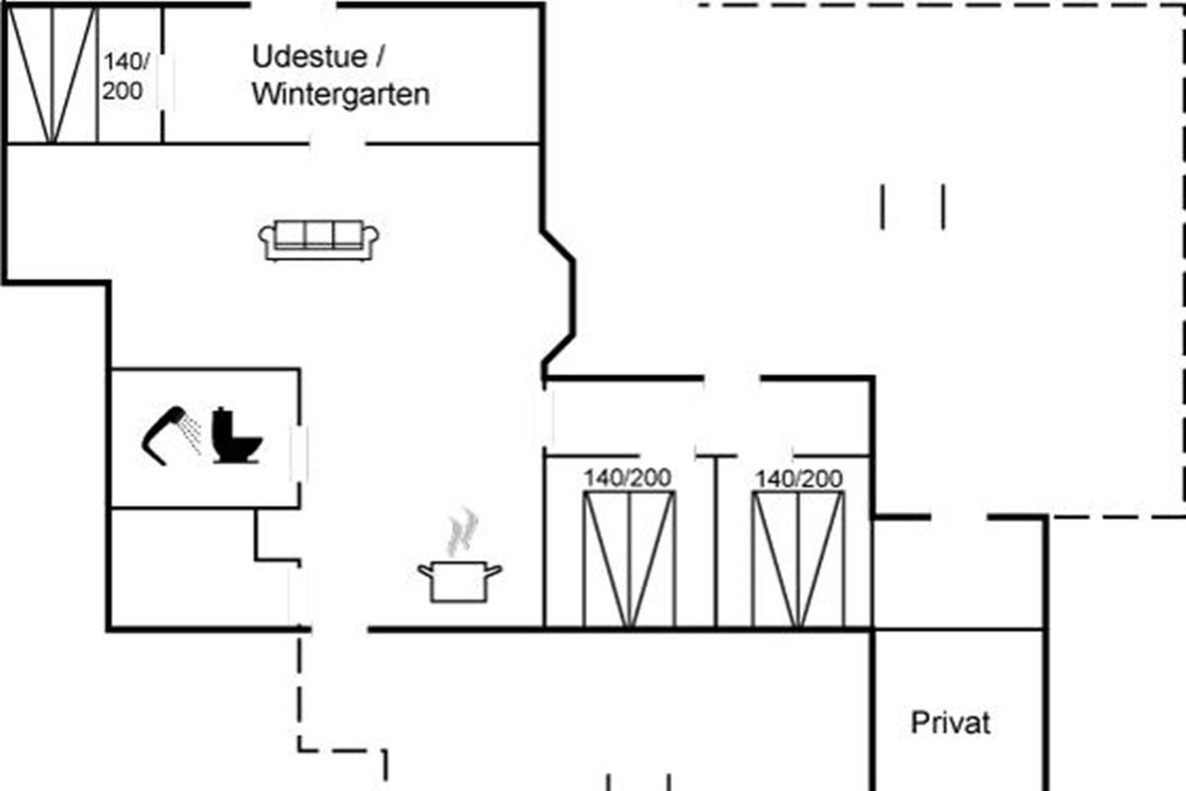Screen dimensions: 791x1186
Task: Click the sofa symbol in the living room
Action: pyautogui.click(x=318, y=240)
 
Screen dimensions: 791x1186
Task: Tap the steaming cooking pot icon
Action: pyautogui.click(x=460, y=579)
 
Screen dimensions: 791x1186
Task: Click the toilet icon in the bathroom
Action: pyautogui.click(x=237, y=436)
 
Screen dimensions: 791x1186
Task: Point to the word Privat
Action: pyautogui.click(x=950, y=723)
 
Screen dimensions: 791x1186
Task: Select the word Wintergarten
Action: pyautogui.click(x=341, y=95)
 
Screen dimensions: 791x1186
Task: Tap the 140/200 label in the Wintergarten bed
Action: pyautogui.click(x=126, y=76)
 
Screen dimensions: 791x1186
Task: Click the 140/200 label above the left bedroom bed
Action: pyautogui.click(x=627, y=479)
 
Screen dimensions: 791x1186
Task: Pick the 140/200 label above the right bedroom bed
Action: pyautogui.click(x=799, y=480)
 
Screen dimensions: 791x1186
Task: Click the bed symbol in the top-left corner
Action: pyautogui.click(x=53, y=75)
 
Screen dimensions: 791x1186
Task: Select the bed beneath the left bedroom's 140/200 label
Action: pyautogui.click(x=629, y=559)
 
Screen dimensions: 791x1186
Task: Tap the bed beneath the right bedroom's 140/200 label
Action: pyautogui.click(x=799, y=559)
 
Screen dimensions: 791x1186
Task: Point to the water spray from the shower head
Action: pyautogui.click(x=192, y=432)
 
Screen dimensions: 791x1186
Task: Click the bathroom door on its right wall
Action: pyautogui.click(x=298, y=450)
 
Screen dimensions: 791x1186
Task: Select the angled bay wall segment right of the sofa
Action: pyautogui.click(x=560, y=302)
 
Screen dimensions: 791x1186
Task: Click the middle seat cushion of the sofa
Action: pyautogui.click(x=318, y=235)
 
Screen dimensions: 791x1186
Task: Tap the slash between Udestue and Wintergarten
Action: pyautogui.click(x=380, y=57)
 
